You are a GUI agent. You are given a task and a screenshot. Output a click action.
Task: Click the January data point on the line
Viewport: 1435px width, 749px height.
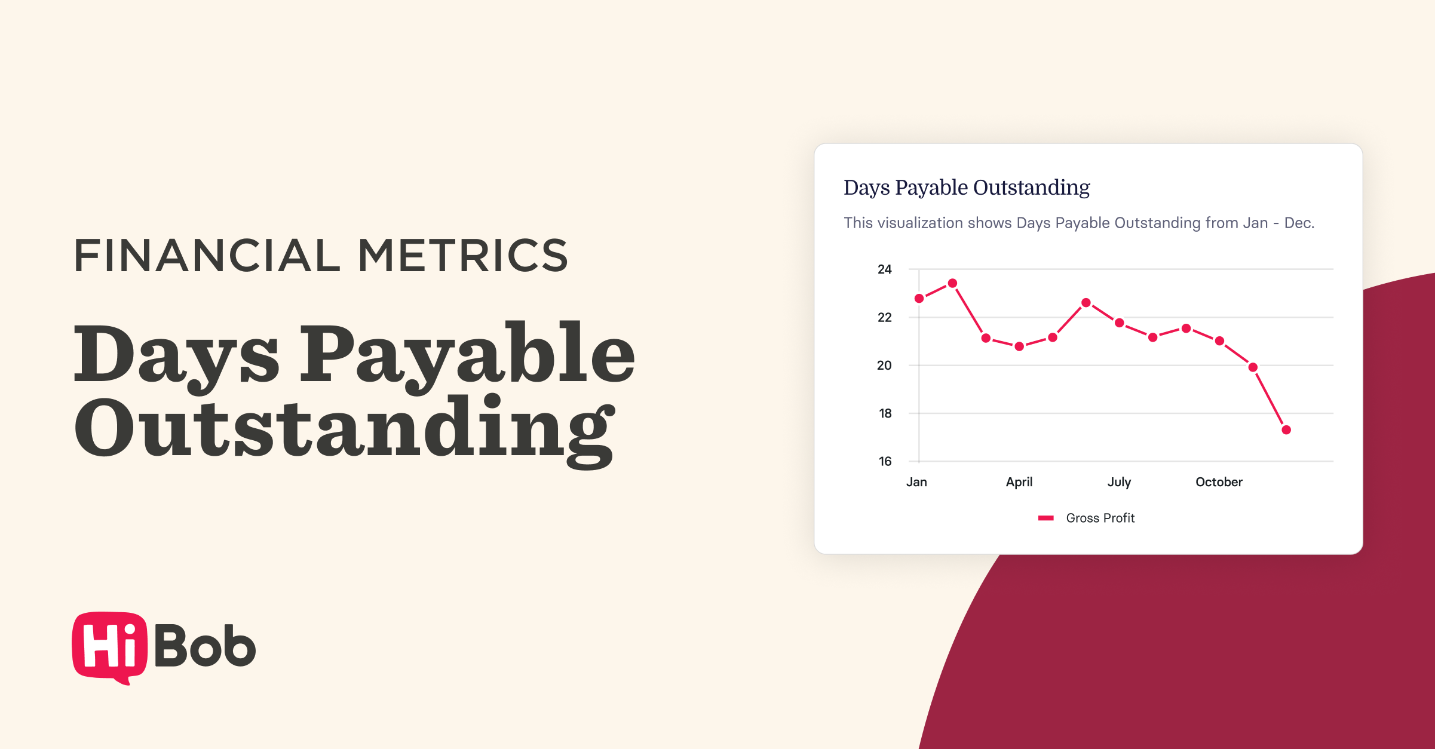point(919,298)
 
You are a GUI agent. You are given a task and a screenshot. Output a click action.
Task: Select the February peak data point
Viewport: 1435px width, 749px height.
point(952,283)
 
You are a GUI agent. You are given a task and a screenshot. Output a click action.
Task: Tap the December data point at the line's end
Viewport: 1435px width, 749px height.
point(1286,429)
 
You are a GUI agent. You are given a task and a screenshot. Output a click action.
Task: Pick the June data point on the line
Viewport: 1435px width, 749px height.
point(1086,302)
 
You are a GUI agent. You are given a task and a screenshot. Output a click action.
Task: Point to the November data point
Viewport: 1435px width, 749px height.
point(1253,367)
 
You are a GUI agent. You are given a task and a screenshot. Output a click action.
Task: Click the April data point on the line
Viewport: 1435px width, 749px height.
point(1019,346)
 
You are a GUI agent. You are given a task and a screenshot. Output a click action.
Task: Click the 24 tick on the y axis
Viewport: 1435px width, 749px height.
point(884,269)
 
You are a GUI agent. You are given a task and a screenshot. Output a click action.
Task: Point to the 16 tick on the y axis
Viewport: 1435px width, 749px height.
point(885,461)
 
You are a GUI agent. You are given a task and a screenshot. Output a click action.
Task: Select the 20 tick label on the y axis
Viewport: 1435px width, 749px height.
point(884,365)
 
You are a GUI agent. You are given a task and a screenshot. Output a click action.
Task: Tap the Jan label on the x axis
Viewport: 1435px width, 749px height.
point(916,482)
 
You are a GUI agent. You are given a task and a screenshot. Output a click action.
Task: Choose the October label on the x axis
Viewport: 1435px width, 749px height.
point(1219,482)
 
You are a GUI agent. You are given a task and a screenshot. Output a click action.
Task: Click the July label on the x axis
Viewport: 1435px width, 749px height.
point(1119,482)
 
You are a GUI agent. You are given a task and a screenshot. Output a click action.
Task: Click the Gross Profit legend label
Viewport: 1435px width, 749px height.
point(1100,518)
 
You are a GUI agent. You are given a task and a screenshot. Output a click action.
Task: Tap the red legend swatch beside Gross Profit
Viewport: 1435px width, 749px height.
point(1045,518)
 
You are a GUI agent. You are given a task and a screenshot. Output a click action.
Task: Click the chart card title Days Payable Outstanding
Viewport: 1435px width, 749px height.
point(967,188)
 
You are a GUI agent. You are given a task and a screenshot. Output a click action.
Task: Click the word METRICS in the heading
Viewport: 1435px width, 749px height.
point(463,256)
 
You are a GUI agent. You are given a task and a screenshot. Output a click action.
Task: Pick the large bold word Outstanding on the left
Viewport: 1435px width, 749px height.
point(344,428)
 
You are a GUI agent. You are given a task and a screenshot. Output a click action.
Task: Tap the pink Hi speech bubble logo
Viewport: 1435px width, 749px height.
point(109,646)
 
